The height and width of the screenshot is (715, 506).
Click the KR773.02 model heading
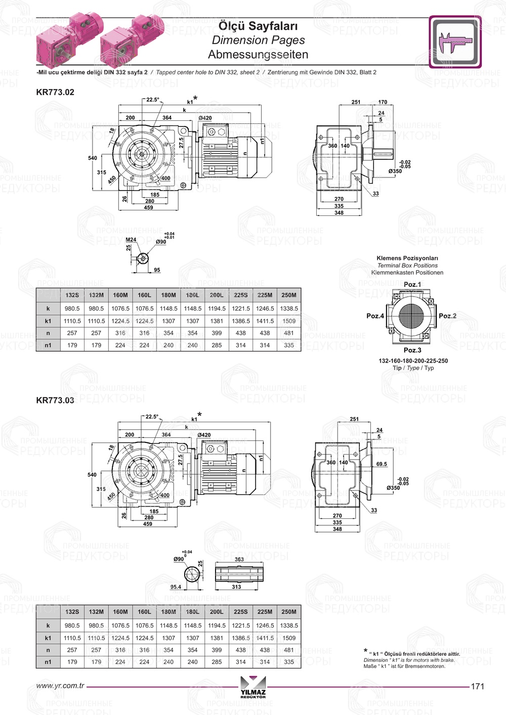click(x=55, y=92)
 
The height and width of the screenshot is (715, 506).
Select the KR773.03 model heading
click(x=55, y=400)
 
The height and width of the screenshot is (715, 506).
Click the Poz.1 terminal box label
click(x=412, y=284)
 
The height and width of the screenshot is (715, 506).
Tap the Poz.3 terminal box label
click(x=412, y=350)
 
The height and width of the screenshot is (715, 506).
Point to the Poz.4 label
click(x=375, y=316)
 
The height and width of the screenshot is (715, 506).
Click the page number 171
click(x=478, y=686)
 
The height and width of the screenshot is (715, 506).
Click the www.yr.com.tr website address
click(x=60, y=686)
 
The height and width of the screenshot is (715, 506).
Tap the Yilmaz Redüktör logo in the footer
click(x=253, y=687)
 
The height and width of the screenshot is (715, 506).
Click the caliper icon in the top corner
click(x=455, y=42)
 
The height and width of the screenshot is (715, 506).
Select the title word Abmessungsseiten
click(x=258, y=55)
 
